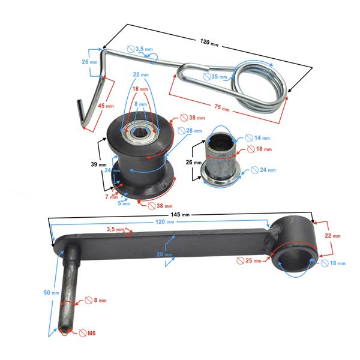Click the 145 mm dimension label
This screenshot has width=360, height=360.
pyautogui.click(x=180, y=214)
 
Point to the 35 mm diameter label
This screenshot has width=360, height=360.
pyautogui.click(x=218, y=77)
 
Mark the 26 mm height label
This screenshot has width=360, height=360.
pyautogui.click(x=188, y=162)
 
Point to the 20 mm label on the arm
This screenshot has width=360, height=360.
pyautogui.click(x=165, y=254)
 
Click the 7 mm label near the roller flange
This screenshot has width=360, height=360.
pyautogui.click(x=106, y=196)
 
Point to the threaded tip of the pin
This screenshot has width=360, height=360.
pyautogui.click(x=62, y=329)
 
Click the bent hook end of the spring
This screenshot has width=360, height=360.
pyautogui.click(x=84, y=114)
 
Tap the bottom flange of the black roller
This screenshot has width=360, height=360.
pyautogui.click(x=144, y=187)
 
